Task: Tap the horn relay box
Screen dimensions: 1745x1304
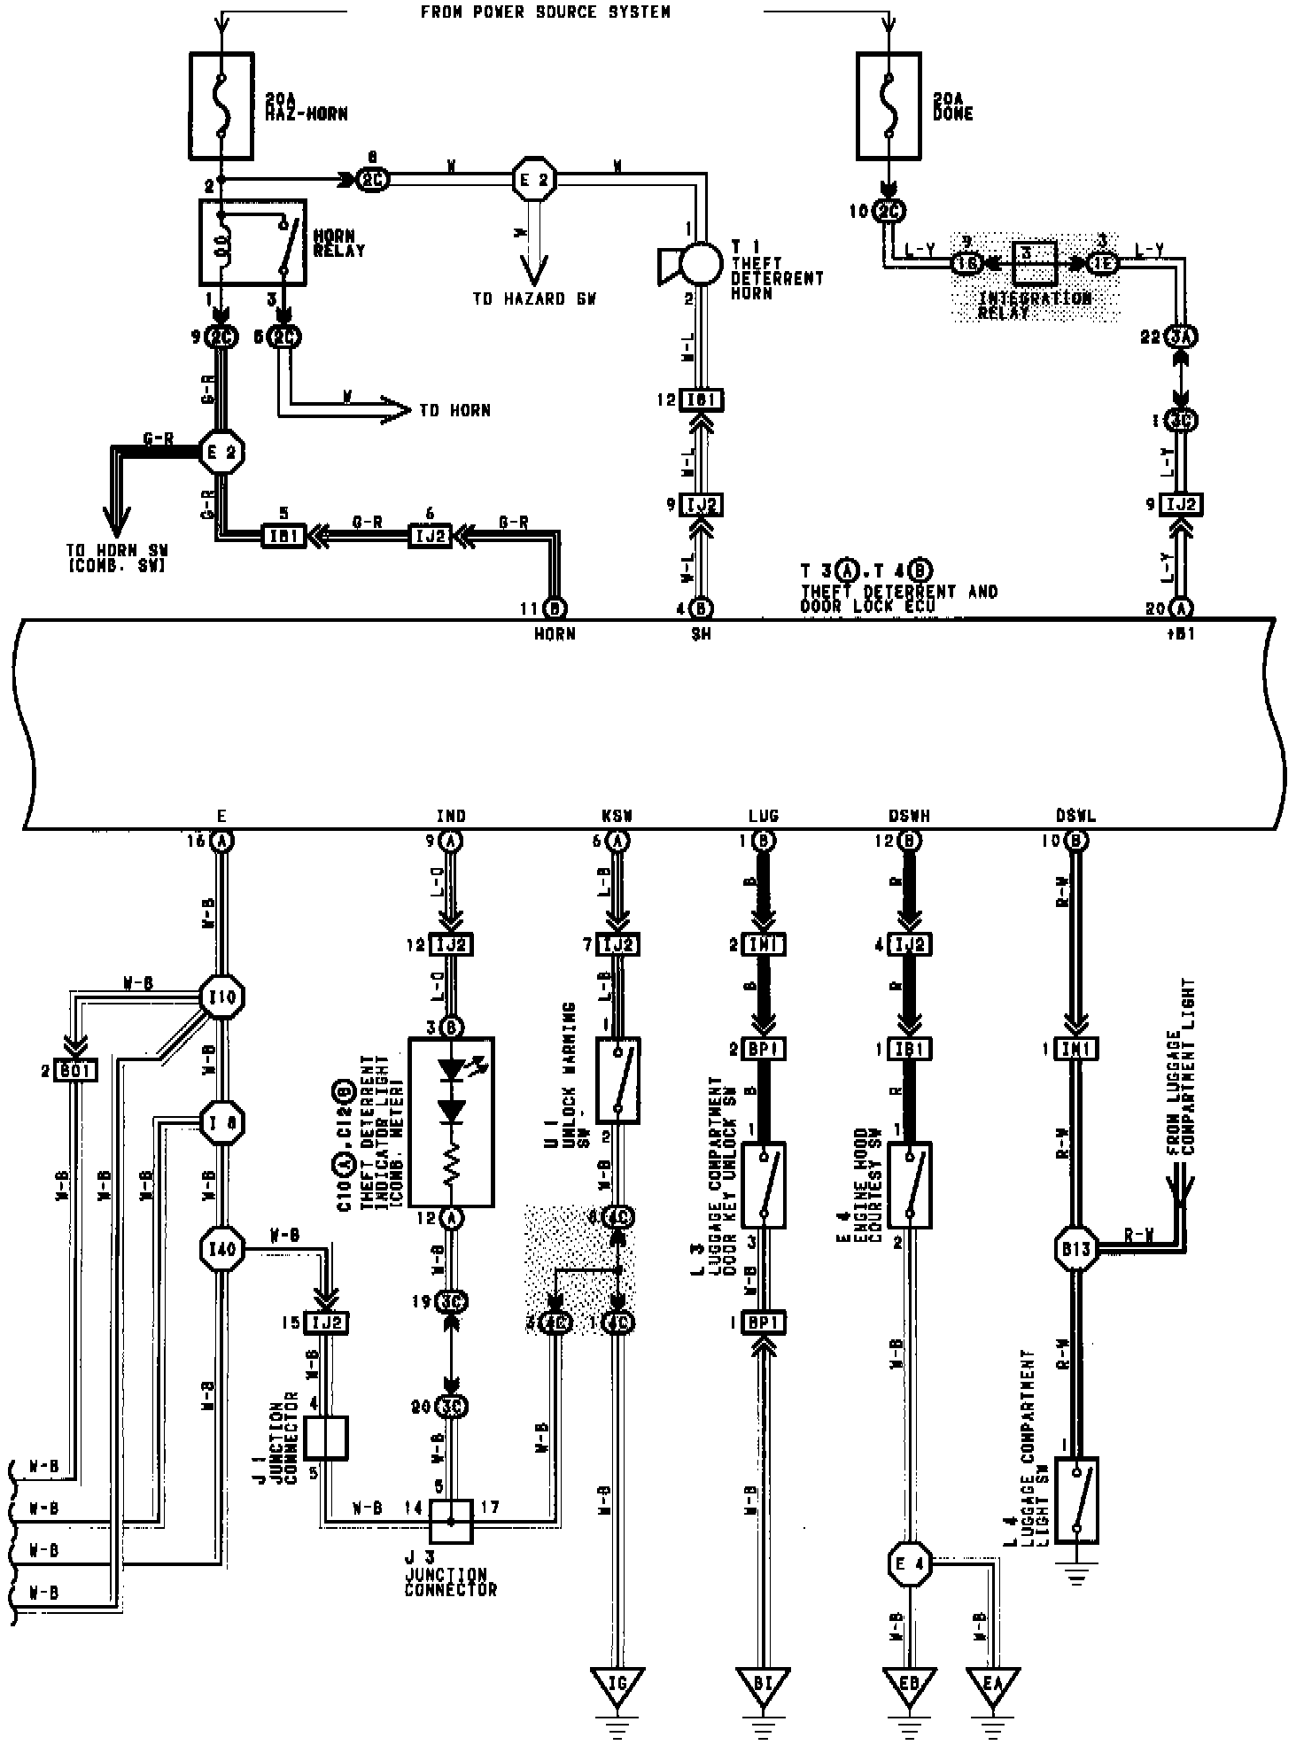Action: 252,242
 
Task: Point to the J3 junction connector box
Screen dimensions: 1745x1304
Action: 451,1521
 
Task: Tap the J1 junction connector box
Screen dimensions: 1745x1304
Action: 325,1437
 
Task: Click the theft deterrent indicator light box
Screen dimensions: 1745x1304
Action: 451,1121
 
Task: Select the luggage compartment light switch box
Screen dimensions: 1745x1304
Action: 1076,1500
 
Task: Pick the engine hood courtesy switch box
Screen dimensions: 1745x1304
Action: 909,1184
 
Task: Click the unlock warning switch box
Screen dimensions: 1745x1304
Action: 618,1081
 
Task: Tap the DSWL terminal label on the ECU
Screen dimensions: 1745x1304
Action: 1075,817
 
